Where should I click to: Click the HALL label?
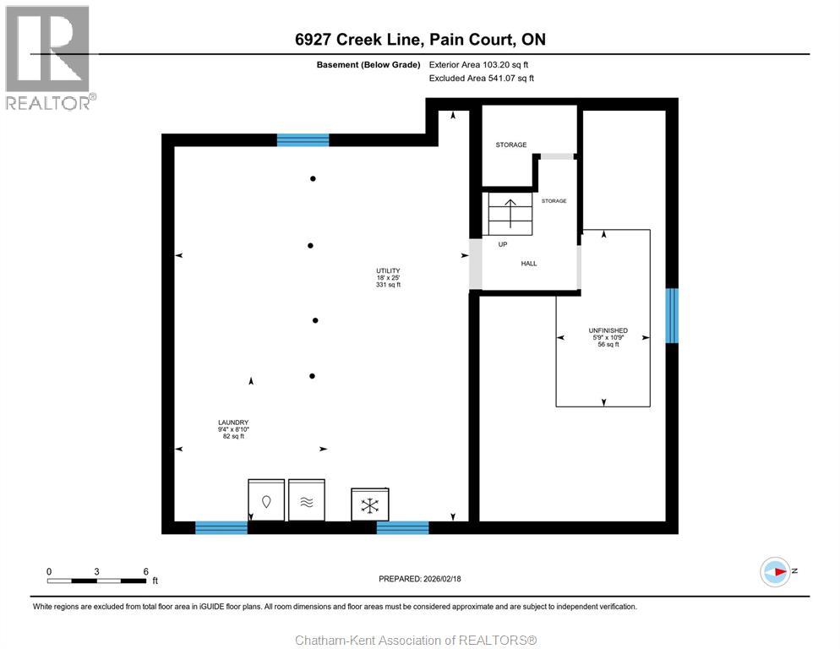(x=529, y=264)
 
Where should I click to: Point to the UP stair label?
(x=502, y=245)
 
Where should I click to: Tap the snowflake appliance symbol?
(x=369, y=505)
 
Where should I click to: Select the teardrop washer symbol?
(x=266, y=501)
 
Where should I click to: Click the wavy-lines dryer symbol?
(x=306, y=501)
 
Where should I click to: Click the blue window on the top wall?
(x=303, y=140)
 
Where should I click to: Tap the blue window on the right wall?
(x=672, y=315)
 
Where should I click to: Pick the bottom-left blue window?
(x=221, y=527)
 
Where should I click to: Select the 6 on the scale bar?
(x=145, y=571)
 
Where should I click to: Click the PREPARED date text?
(x=420, y=579)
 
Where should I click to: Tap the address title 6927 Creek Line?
(x=420, y=40)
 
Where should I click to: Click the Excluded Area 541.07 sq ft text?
(x=482, y=79)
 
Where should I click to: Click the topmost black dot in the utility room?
(x=313, y=179)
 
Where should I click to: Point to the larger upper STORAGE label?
(x=510, y=145)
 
